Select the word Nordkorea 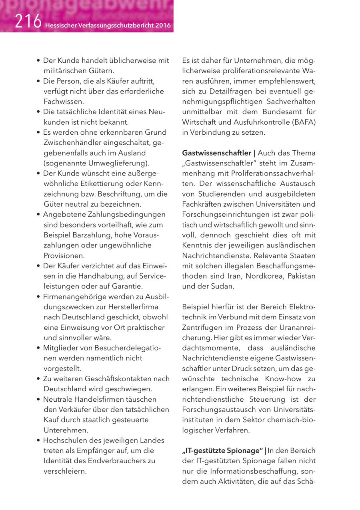tap(262, 276)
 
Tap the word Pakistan tap(300, 276)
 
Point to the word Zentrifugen tap(200, 327)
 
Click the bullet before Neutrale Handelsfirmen tap(38, 399)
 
